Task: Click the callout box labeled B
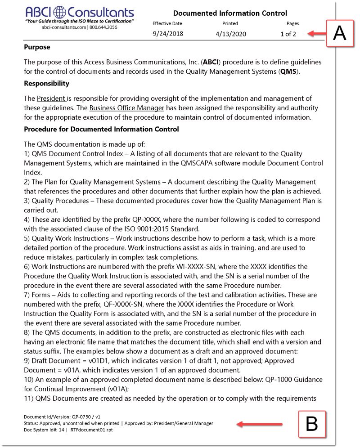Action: (x=312, y=424)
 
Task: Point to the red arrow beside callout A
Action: (x=318, y=33)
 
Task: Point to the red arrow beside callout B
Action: (x=260, y=424)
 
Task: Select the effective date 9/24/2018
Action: (x=168, y=34)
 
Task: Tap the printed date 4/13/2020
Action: (x=231, y=34)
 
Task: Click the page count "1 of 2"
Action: (x=288, y=34)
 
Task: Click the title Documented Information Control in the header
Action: (x=230, y=13)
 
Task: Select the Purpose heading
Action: (x=37, y=47)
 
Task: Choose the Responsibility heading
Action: (x=46, y=83)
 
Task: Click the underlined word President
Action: (x=51, y=98)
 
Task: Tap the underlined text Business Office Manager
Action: (x=126, y=108)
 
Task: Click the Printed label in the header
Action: (x=230, y=23)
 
